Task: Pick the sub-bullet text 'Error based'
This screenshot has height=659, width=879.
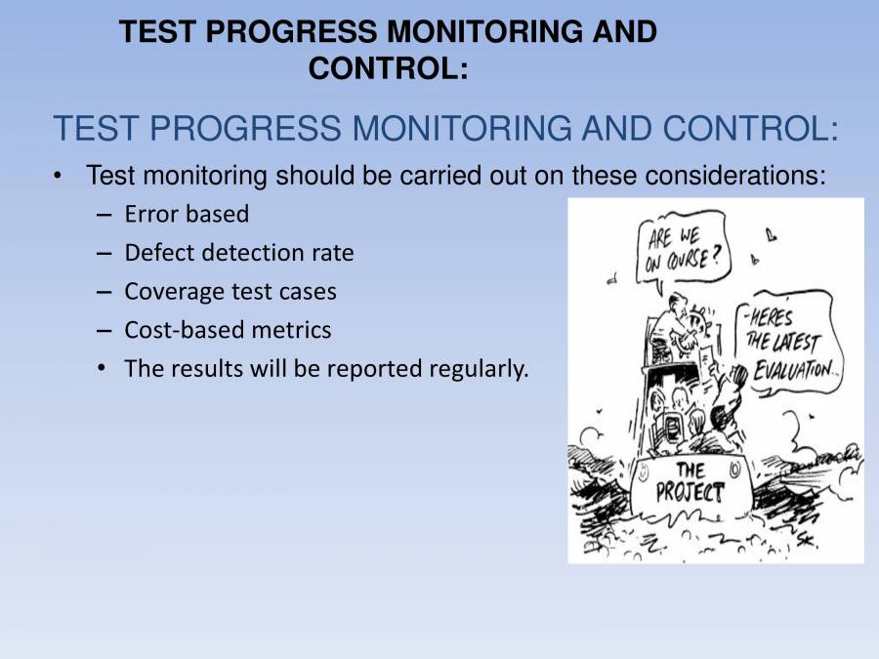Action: pos(187,214)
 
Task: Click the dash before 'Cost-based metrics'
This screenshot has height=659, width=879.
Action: pos(105,331)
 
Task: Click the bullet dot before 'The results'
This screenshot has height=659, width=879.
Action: pos(103,370)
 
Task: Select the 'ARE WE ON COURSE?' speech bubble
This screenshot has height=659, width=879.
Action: pos(683,248)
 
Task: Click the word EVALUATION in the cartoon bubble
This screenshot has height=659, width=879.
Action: pos(792,369)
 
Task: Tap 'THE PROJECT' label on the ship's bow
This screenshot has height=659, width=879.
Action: pos(690,481)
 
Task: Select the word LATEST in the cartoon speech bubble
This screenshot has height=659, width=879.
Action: pos(798,344)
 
